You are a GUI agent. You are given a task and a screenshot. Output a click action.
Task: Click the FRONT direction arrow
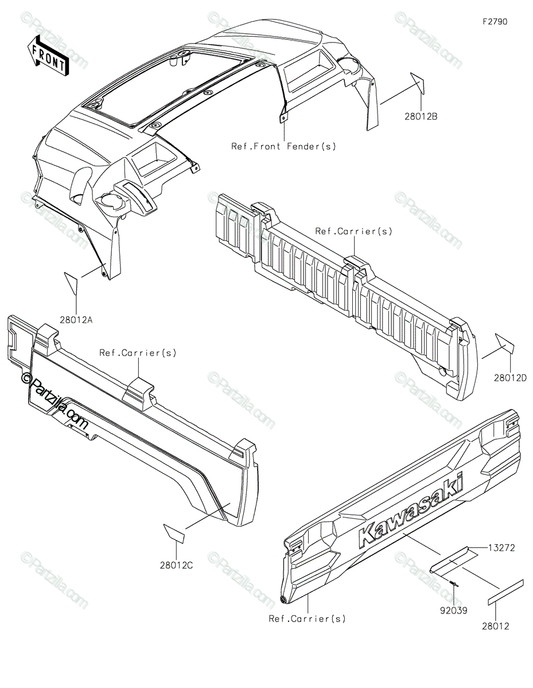point(48,56)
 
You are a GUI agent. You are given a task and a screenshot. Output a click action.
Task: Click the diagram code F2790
point(495,22)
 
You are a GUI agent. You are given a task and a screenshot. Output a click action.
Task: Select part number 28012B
point(421,116)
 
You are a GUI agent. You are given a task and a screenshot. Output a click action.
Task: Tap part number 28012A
point(76,320)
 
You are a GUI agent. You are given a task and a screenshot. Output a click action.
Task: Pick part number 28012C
point(176,565)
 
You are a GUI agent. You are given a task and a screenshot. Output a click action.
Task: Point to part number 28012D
point(510,378)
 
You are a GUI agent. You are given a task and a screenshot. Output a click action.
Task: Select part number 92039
point(453,611)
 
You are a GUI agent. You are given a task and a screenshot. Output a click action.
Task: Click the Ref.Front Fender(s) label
point(284,146)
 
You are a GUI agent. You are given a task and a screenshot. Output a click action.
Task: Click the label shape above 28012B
point(417,83)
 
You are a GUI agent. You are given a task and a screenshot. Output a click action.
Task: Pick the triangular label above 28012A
point(71,283)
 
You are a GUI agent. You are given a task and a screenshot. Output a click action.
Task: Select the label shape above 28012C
point(174,534)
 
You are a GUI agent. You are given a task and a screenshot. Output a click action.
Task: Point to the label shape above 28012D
point(505,343)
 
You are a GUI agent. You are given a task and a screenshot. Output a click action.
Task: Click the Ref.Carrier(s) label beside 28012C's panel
point(138,353)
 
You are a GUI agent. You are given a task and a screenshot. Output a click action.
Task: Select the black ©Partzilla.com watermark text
point(55,400)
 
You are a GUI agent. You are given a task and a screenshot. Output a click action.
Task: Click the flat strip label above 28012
point(505,592)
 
